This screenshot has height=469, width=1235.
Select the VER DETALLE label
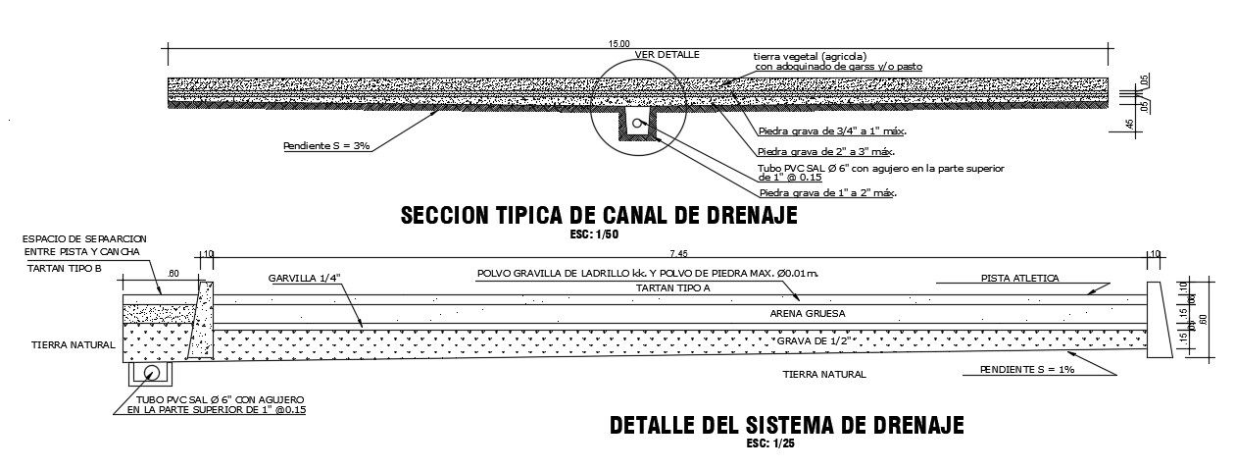point(667,55)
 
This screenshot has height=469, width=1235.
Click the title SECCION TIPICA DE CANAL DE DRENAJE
point(599,216)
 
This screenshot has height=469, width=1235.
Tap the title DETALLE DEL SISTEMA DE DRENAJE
point(786,426)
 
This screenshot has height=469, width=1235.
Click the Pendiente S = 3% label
point(325,146)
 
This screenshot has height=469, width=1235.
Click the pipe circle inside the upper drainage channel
point(638,124)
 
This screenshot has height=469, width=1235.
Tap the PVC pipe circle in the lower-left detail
point(151,375)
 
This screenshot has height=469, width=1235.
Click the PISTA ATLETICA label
point(1019,279)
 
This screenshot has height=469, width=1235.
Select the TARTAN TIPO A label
point(673,287)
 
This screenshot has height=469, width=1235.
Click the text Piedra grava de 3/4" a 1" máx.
point(831,130)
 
